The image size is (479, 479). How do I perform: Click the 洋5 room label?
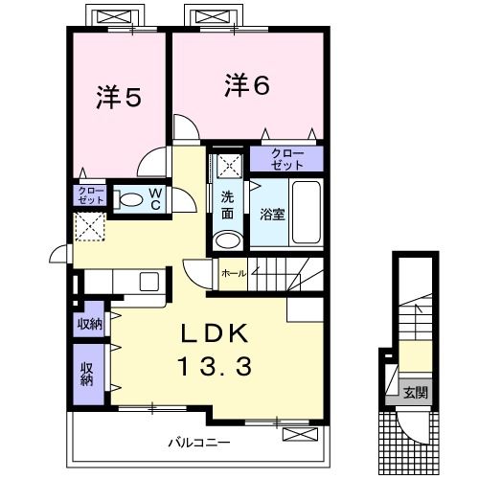(120, 97)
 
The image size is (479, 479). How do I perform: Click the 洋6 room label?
(246, 85)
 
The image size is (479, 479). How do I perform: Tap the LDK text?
(217, 334)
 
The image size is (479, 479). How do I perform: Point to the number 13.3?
(217, 366)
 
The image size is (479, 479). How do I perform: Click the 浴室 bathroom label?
(272, 215)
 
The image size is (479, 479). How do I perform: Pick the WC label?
(153, 199)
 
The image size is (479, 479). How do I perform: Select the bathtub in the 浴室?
(308, 212)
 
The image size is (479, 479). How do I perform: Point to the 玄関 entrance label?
(415, 391)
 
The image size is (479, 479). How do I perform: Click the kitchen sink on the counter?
(149, 282)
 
